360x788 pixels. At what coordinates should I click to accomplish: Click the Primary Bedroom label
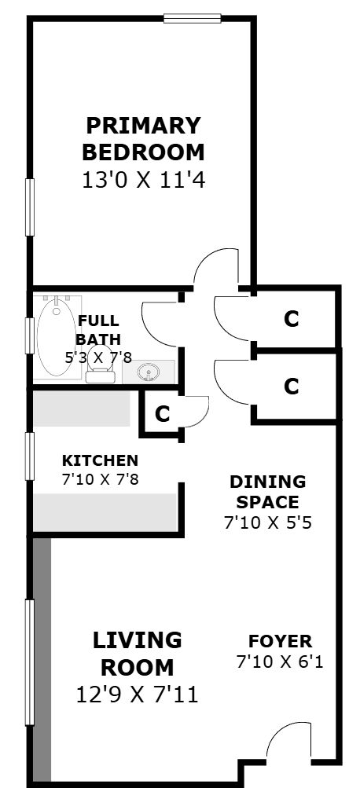pyautogui.click(x=143, y=139)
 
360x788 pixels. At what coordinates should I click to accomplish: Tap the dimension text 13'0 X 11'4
pyautogui.click(x=143, y=181)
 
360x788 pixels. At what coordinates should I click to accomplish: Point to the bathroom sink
pyautogui.click(x=149, y=372)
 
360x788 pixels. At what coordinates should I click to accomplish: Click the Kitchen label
pyautogui.click(x=100, y=460)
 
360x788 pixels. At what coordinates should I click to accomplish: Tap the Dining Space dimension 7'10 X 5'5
pyautogui.click(x=268, y=523)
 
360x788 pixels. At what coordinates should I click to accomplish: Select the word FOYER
pyautogui.click(x=280, y=641)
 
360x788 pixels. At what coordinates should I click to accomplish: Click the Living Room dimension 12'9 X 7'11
pyautogui.click(x=138, y=695)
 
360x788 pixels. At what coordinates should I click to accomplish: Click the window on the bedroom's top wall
pyautogui.click(x=192, y=19)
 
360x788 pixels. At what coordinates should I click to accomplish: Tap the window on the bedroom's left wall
pyautogui.click(x=30, y=207)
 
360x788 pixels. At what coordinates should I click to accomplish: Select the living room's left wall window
pyautogui.click(x=30, y=662)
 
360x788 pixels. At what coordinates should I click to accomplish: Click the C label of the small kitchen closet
pyautogui.click(x=162, y=413)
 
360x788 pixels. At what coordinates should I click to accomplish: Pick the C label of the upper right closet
pyautogui.click(x=291, y=319)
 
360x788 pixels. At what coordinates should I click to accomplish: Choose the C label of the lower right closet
pyautogui.click(x=291, y=387)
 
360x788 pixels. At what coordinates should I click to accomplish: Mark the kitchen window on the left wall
pyautogui.click(x=30, y=456)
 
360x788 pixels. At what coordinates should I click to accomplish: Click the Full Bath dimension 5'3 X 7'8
pyautogui.click(x=98, y=357)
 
